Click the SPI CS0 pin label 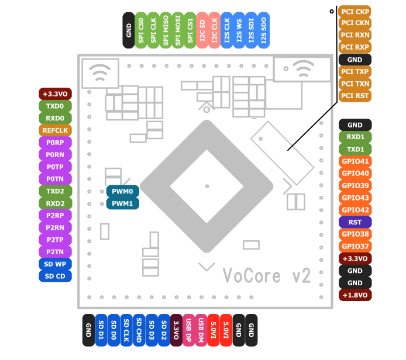(x=141, y=30)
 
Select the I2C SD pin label (x=202, y=30)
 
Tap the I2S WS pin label (x=239, y=30)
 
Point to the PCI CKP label (x=355, y=11)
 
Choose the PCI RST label (x=355, y=96)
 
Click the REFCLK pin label (x=55, y=130)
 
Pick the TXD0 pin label (x=55, y=106)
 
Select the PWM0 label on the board (x=123, y=192)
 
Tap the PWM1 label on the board (x=123, y=204)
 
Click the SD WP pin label (x=55, y=264)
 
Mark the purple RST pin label (x=355, y=222)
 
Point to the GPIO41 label (x=355, y=161)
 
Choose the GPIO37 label (x=355, y=247)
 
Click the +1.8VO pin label (x=355, y=295)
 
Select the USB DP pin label (x=188, y=330)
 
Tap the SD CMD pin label (x=139, y=330)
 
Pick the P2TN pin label (x=55, y=252)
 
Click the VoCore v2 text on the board (x=266, y=275)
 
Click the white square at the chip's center (x=207, y=186)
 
